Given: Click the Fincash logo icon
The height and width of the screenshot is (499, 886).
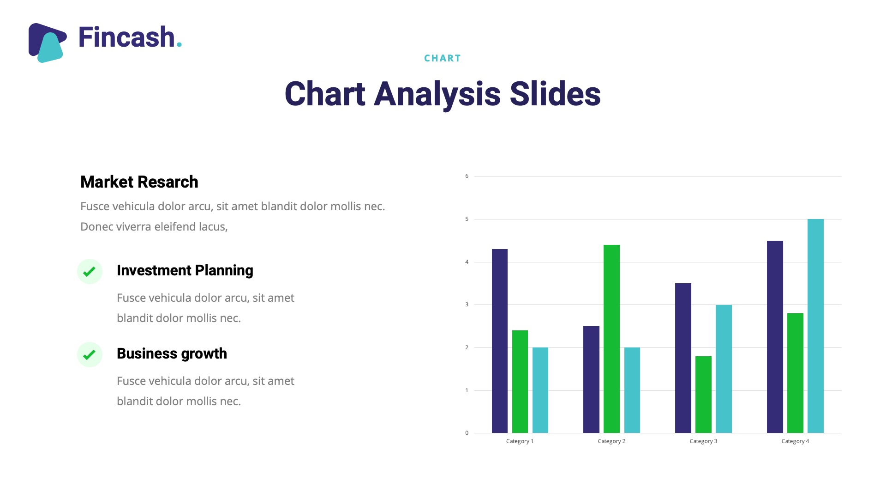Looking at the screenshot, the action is pos(48,43).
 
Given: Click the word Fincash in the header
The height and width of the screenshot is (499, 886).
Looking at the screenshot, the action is pos(126,37).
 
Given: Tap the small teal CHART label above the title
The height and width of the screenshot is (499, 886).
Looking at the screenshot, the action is pos(443,58).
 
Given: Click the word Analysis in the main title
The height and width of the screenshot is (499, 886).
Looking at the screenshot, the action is pos(437,94).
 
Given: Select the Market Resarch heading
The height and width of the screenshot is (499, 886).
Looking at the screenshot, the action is pos(139,182).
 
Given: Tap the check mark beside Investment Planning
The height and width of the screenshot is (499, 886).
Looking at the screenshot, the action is pos(90,271).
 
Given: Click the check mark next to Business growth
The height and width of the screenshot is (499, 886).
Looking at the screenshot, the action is pos(90,354).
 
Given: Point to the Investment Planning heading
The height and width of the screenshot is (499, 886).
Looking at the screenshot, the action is pos(185,270).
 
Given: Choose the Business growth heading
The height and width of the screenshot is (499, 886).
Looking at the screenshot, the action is pos(172,353).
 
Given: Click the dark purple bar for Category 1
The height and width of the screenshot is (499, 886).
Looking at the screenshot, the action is pos(500,341).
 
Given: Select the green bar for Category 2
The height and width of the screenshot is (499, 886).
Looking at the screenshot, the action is pos(611,339).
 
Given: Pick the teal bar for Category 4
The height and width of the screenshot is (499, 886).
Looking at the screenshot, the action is pos(815,326).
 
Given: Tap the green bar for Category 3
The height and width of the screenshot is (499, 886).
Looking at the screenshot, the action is pos(703,395).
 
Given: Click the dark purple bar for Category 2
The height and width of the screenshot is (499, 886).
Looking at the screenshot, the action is pos(591,379).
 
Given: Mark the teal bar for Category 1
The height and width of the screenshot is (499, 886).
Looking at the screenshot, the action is pos(540,390).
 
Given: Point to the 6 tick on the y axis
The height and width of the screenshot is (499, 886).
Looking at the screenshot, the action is pos(467,176).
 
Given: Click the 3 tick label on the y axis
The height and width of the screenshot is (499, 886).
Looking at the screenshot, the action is pos(467,304).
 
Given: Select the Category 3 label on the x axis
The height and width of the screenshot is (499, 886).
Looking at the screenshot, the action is pos(703,441).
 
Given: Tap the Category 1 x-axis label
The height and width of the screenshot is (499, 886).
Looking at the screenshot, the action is pos(520,441).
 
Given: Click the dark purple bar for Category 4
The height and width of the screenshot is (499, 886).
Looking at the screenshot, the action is pos(775,337).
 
